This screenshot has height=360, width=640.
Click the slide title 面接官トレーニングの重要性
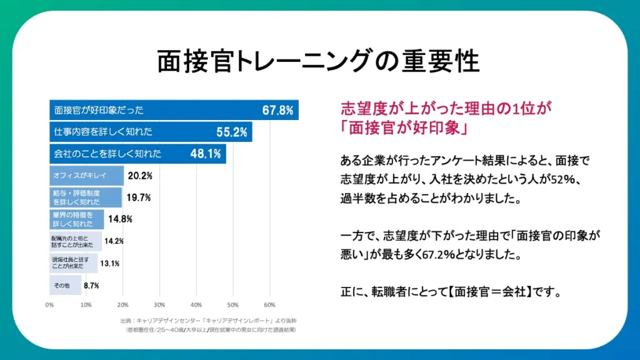[318, 61]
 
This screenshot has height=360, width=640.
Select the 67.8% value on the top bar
[277, 111]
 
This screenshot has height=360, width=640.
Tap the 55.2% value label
[231, 132]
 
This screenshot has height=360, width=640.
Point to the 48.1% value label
[205, 153]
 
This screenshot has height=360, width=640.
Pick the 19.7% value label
[139, 197]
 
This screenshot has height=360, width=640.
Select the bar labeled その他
[65, 285]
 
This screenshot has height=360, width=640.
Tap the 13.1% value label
[110, 263]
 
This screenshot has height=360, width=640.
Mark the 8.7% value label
[91, 285]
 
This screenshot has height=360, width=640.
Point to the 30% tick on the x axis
[159, 306]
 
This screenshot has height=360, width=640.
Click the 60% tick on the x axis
[269, 306]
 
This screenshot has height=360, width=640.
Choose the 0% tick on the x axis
[49, 306]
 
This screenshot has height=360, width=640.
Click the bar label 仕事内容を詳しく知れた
[103, 132]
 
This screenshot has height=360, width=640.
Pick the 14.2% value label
[114, 241]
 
